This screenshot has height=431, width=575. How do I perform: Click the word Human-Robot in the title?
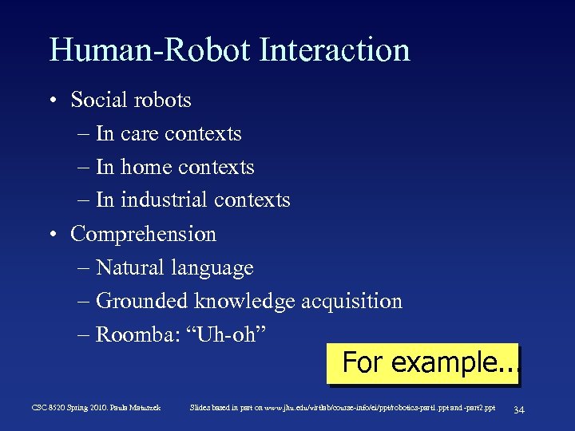[150, 49]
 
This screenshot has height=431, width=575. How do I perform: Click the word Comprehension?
[143, 235]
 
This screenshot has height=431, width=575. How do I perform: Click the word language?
[216, 268]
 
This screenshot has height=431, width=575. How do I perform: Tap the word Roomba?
[132, 334]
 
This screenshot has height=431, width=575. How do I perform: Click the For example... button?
[423, 363]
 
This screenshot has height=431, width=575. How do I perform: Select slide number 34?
[518, 409]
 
